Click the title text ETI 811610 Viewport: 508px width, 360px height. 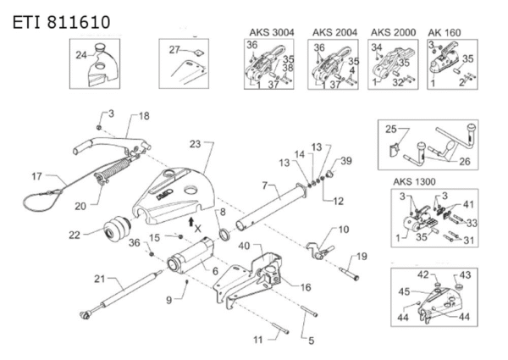pyautogui.click(x=61, y=22)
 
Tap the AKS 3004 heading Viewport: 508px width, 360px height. pyautogui.click(x=272, y=32)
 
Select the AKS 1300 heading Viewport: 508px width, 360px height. pyautogui.click(x=414, y=181)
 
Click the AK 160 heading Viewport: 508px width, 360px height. pyautogui.click(x=444, y=32)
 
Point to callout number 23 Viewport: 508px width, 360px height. pyautogui.click(x=195, y=144)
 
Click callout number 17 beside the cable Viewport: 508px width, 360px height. pyautogui.click(x=37, y=176)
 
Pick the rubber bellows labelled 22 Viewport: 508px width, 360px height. pyautogui.click(x=118, y=228)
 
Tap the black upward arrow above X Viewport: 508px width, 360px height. pyautogui.click(x=191, y=222)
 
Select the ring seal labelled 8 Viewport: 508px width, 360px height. pyautogui.click(x=224, y=235)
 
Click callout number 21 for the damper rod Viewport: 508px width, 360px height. pyautogui.click(x=99, y=279)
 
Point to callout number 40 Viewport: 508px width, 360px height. pyautogui.click(x=244, y=246)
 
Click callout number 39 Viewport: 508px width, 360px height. pyautogui.click(x=346, y=161)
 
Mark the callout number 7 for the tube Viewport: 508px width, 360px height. pyautogui.click(x=265, y=186)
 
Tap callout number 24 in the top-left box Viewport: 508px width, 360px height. pyautogui.click(x=81, y=55)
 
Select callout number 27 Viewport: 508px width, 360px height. pyautogui.click(x=174, y=50)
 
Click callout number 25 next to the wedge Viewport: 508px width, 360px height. pyautogui.click(x=390, y=130)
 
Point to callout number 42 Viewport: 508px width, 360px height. pyautogui.click(x=423, y=274)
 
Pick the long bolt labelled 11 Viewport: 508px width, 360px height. pyautogui.click(x=280, y=329)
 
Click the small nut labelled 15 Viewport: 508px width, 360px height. pyautogui.click(x=180, y=237)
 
